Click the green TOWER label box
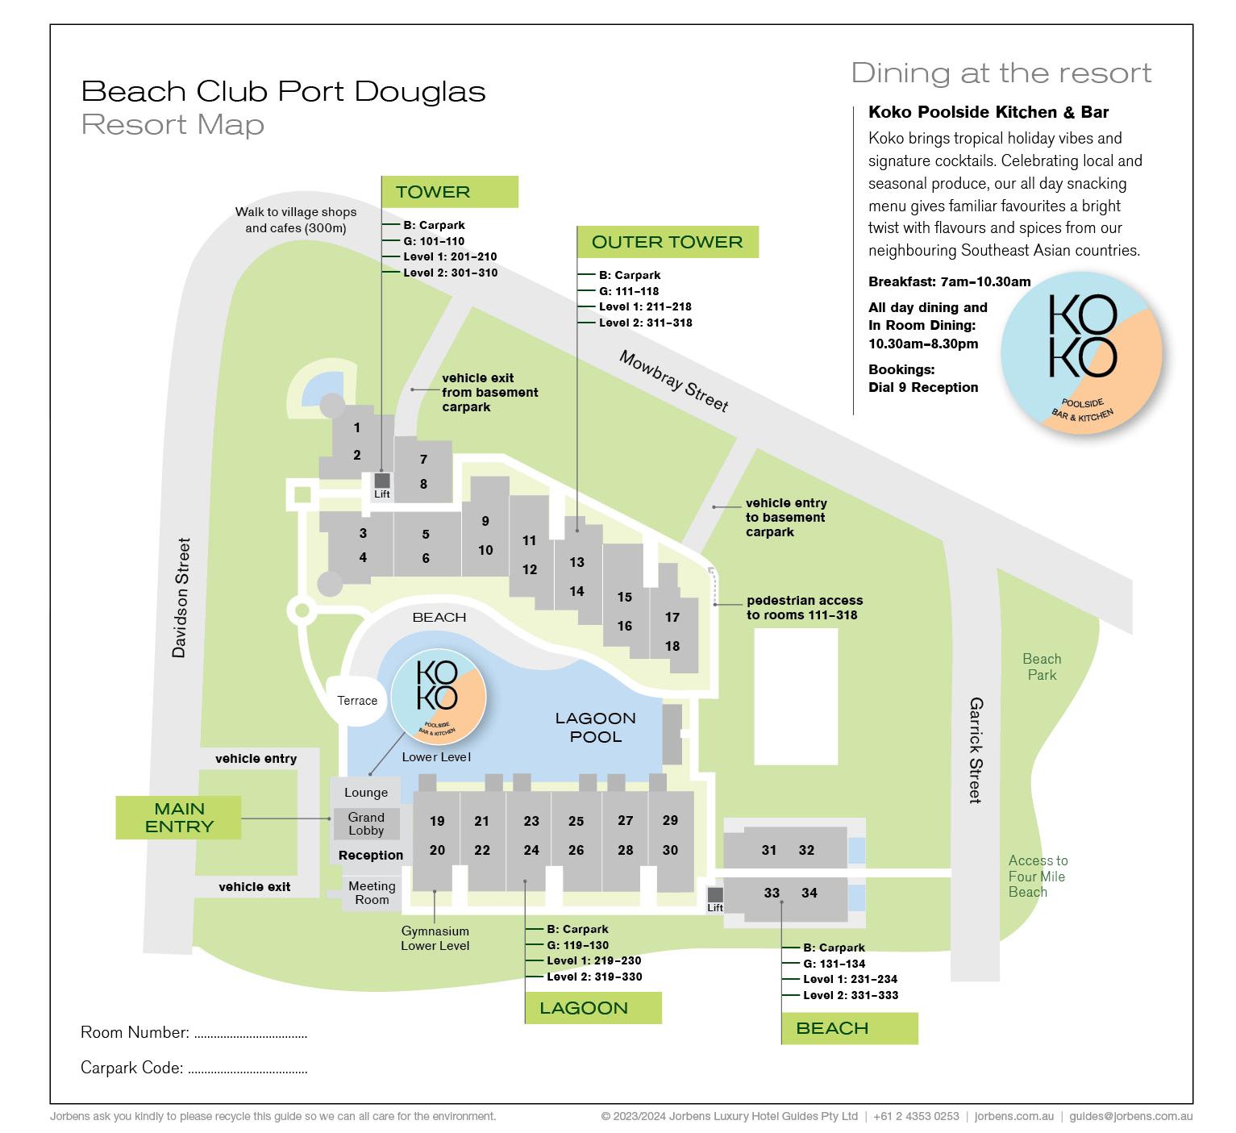point(449,192)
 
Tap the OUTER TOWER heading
point(667,242)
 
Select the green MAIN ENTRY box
point(178,818)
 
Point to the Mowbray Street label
point(673,381)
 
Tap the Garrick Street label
point(976,750)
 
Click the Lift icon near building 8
point(382,481)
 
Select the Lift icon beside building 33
point(715,895)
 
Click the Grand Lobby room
point(366,824)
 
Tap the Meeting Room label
point(372,893)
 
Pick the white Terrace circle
point(357,701)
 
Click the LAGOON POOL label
point(595,727)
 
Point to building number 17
point(672,618)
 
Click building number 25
point(576,821)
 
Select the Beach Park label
point(1042,667)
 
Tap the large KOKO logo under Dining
point(1082,352)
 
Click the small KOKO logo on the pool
point(438,696)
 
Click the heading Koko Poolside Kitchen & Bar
point(988,112)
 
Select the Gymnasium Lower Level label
point(435,939)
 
